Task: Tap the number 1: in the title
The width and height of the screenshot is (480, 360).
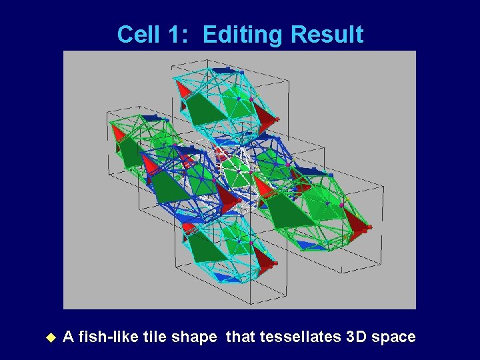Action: pyautogui.click(x=177, y=35)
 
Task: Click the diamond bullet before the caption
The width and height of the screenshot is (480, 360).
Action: pyautogui.click(x=50, y=337)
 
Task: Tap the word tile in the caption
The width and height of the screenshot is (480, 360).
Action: pyautogui.click(x=154, y=337)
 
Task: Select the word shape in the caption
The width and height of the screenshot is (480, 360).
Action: pyautogui.click(x=194, y=337)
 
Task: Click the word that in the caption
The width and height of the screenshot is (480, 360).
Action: pyautogui.click(x=241, y=337)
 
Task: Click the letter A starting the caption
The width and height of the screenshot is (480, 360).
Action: pyautogui.click(x=67, y=337)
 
